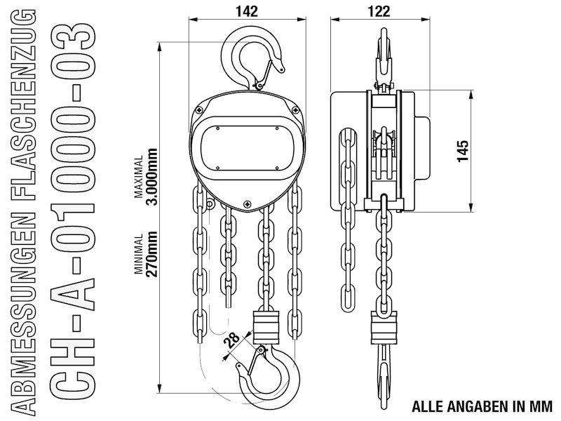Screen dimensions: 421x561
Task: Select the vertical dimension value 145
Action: (462, 151)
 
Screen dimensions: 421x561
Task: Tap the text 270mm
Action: (150, 256)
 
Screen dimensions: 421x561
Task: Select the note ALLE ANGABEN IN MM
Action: (482, 406)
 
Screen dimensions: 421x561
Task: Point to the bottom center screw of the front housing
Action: (247, 203)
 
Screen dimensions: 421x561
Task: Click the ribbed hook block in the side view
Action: (383, 326)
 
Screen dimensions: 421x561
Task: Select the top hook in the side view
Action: (383, 56)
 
